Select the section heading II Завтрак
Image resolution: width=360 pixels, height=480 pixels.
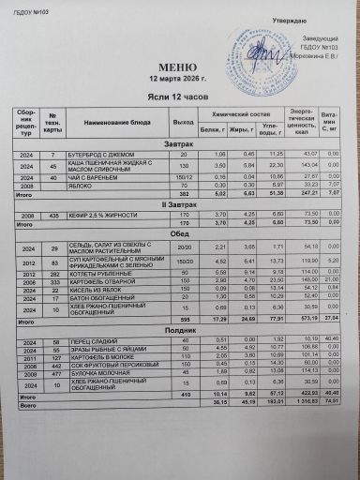tap(177, 203)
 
